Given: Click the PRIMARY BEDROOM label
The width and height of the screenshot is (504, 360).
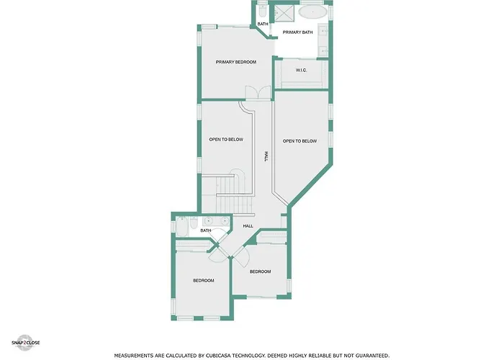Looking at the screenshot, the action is [x=236, y=62].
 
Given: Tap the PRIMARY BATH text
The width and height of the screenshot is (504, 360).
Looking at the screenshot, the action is [x=297, y=32].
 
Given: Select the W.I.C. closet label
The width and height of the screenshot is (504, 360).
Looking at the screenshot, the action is [x=301, y=70].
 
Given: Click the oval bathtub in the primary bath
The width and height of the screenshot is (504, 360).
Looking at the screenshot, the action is [x=312, y=13].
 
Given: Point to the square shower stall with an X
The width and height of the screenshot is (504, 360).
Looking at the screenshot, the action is [x=284, y=13].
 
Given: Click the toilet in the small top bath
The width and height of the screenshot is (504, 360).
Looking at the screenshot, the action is [x=263, y=12].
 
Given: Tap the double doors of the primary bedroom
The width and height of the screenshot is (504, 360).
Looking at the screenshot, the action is [x=258, y=93].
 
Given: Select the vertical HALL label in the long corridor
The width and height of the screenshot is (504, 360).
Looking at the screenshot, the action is [x=266, y=156].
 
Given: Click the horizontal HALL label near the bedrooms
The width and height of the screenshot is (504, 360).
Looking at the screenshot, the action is [x=248, y=226].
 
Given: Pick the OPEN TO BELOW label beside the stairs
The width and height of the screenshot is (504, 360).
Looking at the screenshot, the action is [x=226, y=140].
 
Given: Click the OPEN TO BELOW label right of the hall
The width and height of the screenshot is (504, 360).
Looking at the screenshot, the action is [x=300, y=141].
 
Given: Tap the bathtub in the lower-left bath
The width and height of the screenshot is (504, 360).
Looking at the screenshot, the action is [x=182, y=227].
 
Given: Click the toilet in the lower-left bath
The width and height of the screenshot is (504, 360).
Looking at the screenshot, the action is [x=194, y=222].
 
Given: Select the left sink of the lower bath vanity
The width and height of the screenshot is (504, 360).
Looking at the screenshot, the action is [x=209, y=221].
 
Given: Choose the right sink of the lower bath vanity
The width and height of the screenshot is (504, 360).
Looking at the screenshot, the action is [x=225, y=221].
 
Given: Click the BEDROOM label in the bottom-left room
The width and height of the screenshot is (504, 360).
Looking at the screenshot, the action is [x=204, y=281].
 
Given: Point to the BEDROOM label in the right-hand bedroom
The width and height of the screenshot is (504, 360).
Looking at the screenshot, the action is [x=260, y=271].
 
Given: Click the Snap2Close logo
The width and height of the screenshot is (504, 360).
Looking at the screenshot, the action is [x=25, y=343].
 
